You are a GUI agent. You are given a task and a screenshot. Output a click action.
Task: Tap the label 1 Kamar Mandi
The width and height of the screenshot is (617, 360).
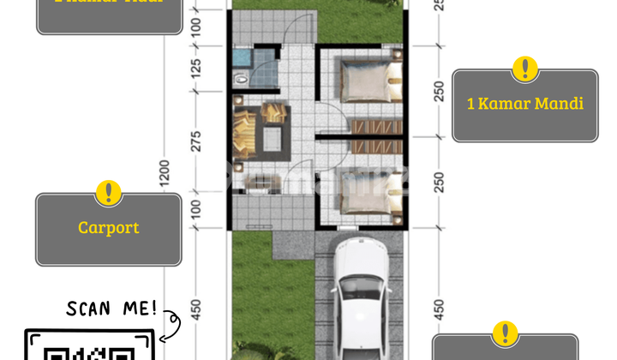pos(524,104)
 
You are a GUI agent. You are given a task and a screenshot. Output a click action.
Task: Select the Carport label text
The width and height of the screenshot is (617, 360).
pos(108,228)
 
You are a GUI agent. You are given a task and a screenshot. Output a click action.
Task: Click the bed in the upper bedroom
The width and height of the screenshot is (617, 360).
pos(368,80)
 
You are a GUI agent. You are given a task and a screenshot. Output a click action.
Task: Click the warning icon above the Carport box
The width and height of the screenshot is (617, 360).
pos(108,193)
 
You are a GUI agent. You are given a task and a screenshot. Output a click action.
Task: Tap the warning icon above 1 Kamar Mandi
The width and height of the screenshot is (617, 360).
pos(524,69)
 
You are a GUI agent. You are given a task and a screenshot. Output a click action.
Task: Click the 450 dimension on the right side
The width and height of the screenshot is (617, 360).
pos(440,308)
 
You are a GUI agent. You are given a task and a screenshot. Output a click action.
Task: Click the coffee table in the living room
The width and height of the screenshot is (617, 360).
pos(275,137)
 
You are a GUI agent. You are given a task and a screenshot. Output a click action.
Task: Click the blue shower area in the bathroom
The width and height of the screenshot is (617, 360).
pos(243,58)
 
